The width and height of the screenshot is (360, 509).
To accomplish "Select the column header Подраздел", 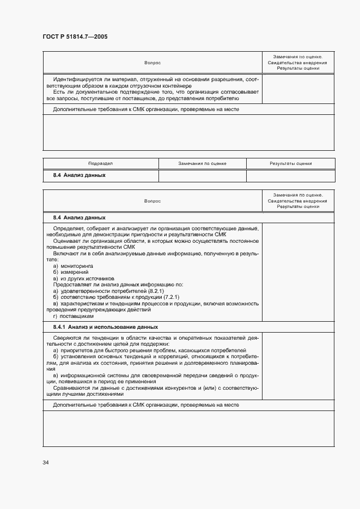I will click(100, 163).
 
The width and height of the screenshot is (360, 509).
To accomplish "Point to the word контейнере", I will click(178, 85).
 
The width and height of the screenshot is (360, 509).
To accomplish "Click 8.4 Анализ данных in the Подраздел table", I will click(79, 176).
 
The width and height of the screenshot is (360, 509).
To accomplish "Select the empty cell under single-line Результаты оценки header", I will click(290, 176).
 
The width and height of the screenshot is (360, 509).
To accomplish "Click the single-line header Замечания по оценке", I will click(202, 163).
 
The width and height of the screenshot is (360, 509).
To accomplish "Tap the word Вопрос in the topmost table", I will click(152, 63).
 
